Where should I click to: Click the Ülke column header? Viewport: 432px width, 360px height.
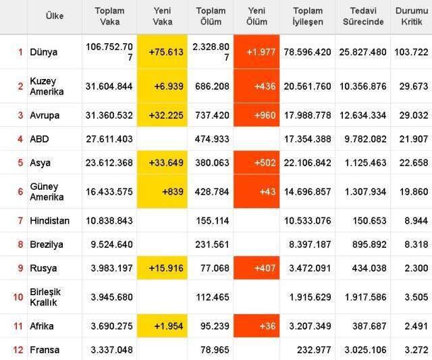tap(55, 16)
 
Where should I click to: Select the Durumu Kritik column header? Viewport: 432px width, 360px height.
tap(410, 16)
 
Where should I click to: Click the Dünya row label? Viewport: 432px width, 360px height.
tap(44, 52)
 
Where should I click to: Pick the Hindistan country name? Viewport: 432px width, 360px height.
tap(49, 221)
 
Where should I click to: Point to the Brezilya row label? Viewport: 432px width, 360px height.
tap(46, 245)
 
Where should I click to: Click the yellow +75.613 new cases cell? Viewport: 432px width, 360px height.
tap(162, 52)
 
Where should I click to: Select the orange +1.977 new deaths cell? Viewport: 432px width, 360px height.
tap(256, 52)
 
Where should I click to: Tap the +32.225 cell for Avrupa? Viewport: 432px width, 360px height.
tap(162, 115)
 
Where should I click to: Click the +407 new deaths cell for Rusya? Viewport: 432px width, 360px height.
tap(256, 268)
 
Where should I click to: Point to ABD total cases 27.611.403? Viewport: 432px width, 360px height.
tap(109, 139)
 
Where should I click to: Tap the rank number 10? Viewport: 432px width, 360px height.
tap(18, 296)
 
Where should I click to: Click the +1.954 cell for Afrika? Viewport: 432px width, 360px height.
tap(162, 326)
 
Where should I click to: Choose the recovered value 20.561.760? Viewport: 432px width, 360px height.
tap(308, 86)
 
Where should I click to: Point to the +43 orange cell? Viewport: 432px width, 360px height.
tap(256, 192)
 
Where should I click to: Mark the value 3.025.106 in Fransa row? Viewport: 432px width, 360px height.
tap(364, 350)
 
